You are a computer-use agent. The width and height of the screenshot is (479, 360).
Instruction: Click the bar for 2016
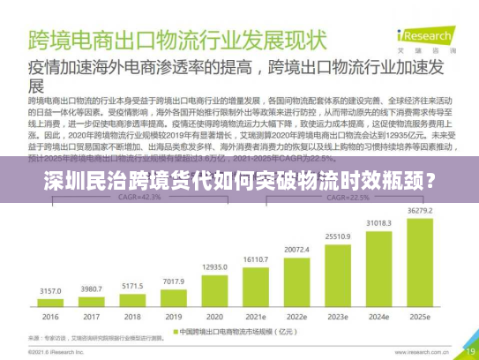pos(50,306)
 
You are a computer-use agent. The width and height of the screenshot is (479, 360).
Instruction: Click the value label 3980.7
pos(91,289)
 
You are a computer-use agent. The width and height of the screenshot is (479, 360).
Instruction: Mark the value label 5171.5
pos(133,286)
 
